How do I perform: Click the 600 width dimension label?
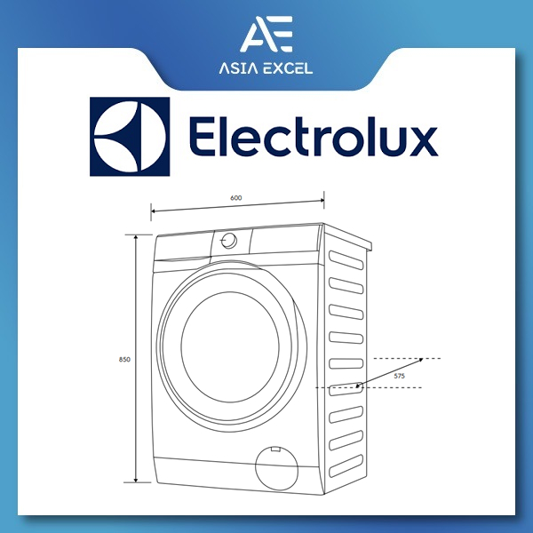236,198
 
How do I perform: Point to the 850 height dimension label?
124,359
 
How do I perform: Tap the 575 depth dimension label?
400,376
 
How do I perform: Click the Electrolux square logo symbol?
130,137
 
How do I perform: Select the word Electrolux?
313,136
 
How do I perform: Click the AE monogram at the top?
266,34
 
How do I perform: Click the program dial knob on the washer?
229,241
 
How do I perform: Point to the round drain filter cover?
276,467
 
